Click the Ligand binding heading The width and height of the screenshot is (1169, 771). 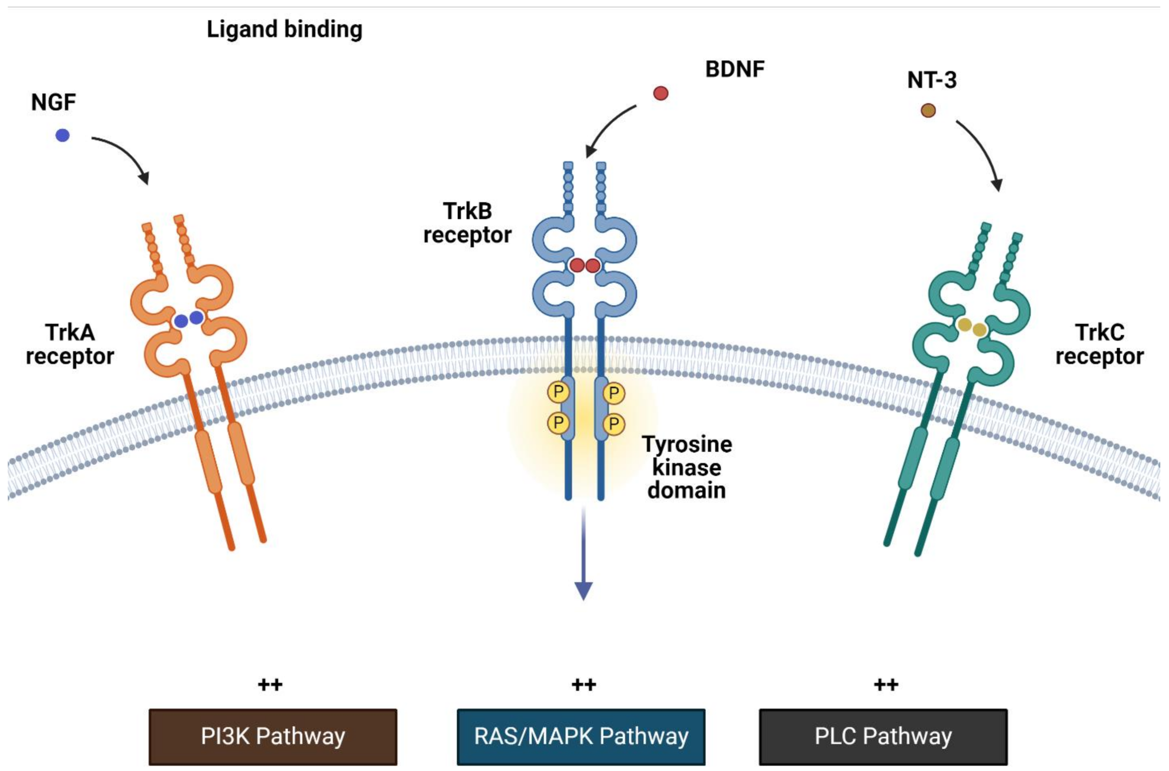[284, 30]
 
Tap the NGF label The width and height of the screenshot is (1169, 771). [53, 102]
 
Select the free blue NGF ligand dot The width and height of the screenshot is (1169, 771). [63, 135]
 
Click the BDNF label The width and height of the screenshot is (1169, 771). [734, 69]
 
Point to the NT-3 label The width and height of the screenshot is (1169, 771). [932, 80]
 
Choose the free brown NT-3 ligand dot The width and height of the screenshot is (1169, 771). [928, 111]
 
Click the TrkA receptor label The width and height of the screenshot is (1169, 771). [70, 344]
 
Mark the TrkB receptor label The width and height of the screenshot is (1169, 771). [467, 223]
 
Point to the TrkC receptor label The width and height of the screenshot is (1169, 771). [1099, 344]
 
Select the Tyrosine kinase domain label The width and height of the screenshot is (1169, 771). [687, 467]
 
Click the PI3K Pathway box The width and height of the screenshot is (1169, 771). [273, 737]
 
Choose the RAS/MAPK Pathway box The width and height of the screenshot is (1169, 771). [581, 737]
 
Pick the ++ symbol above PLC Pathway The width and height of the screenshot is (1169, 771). [886, 685]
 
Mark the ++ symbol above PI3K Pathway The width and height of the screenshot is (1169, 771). [270, 685]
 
